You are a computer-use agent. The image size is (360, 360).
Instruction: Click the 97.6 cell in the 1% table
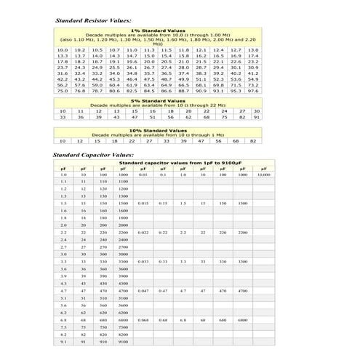[253, 90]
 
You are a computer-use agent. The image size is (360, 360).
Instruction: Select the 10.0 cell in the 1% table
[63, 49]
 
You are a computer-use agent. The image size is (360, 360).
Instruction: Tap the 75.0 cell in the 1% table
[63, 90]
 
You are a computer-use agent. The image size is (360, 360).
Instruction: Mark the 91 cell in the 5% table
[256, 117]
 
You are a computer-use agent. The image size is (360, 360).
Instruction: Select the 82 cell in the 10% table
[251, 140]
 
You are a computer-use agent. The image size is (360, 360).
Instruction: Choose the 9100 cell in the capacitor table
[123, 340]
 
